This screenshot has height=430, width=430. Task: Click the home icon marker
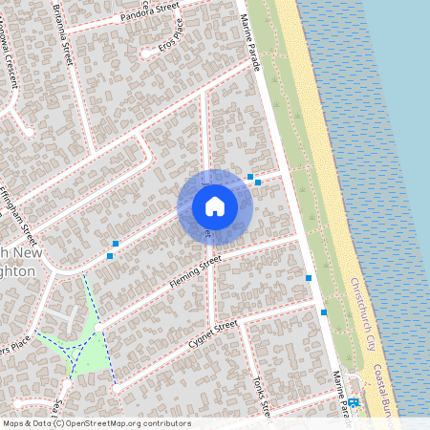pos(215,206)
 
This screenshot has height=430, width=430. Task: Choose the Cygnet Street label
pos(212,335)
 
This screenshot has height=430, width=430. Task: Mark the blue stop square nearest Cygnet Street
pos(324,312)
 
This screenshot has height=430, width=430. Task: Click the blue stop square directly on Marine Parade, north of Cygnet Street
pos(309,278)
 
